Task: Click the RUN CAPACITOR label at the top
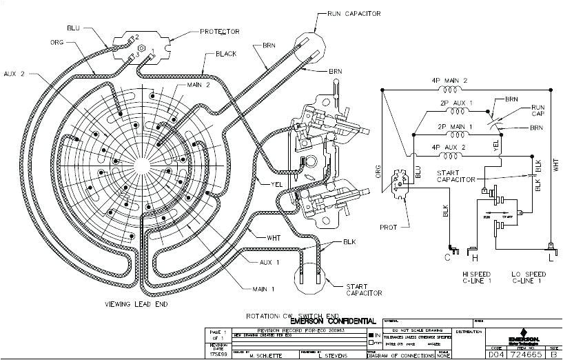[364, 13]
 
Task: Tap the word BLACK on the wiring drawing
[226, 53]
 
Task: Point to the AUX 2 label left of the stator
[14, 73]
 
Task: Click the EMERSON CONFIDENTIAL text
[333, 321]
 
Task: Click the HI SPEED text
[475, 274]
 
